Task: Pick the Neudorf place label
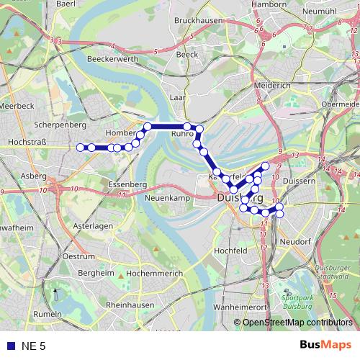[x=294, y=241]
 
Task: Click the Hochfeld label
[x=230, y=251]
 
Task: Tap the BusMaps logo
[x=325, y=345]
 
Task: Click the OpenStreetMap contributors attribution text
[x=297, y=323]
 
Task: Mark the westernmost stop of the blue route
[x=80, y=148]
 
